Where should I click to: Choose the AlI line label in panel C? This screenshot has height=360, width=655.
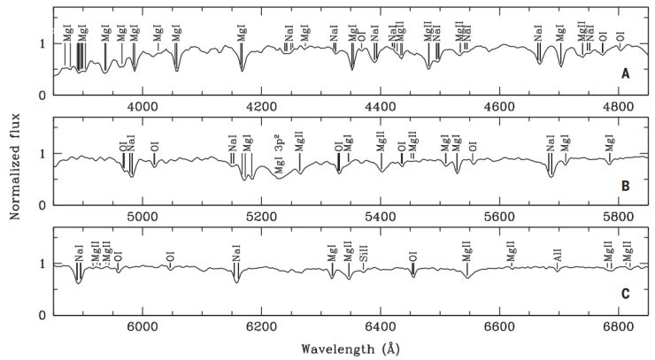point(557,253)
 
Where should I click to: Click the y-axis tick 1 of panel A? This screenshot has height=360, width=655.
point(42,43)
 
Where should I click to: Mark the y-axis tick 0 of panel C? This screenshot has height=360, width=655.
point(42,315)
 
